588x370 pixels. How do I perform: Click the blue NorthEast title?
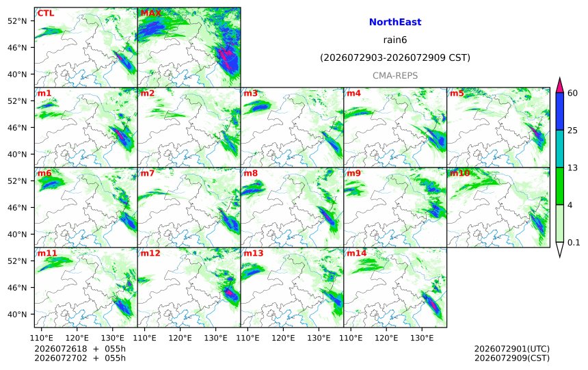[x=395, y=22]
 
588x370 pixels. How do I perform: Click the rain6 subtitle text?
[x=395, y=40]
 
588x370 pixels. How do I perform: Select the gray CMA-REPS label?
[x=395, y=76]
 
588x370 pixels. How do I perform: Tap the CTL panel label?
[x=46, y=13]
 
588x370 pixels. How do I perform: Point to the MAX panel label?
[x=150, y=13]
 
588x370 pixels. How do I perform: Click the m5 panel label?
[x=457, y=94]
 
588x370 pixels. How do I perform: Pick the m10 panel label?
[x=459, y=173]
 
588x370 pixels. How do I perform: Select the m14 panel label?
[x=356, y=253]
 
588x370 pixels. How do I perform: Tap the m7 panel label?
[x=148, y=173]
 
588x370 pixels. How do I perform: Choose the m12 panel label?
[x=150, y=253]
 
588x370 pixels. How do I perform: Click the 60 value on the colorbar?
[x=572, y=93]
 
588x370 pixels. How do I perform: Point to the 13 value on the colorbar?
[x=572, y=168]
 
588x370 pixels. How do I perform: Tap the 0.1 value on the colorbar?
[x=574, y=242]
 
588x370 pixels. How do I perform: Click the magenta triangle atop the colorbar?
[x=559, y=85]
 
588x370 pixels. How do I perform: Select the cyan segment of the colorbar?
[x=559, y=148]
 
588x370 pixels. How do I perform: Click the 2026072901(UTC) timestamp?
[x=512, y=349]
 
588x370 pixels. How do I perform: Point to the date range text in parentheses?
[x=395, y=57]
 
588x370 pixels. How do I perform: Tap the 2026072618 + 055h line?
[x=80, y=349]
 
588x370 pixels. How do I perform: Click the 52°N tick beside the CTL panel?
[x=17, y=21]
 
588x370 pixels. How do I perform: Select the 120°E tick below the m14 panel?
[x=386, y=338]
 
